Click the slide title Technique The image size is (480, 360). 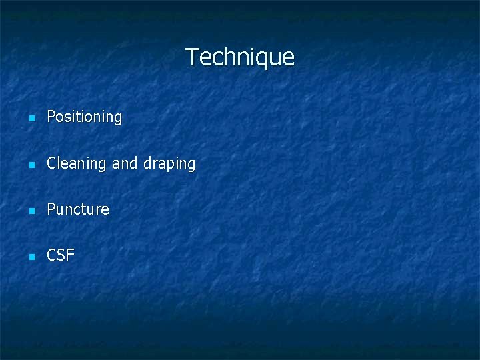click(240, 57)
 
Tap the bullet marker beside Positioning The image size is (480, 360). click(31, 118)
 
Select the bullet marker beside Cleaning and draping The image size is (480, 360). click(31, 164)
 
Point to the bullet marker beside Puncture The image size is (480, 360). click(31, 210)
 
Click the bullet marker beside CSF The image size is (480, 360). click(31, 256)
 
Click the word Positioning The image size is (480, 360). click(85, 117)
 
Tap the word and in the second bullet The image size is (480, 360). click(125, 163)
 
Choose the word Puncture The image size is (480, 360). click(78, 209)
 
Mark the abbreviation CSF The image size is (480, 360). click(61, 255)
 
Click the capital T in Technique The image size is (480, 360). click(191, 57)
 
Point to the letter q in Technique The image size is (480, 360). click(257, 59)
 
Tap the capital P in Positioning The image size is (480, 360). click(51, 117)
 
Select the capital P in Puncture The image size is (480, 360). click(51, 209)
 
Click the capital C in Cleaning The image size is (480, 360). click(52, 163)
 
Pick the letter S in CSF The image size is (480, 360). click(61, 255)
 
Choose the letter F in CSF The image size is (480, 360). click(70, 255)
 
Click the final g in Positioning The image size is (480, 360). click(118, 119)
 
